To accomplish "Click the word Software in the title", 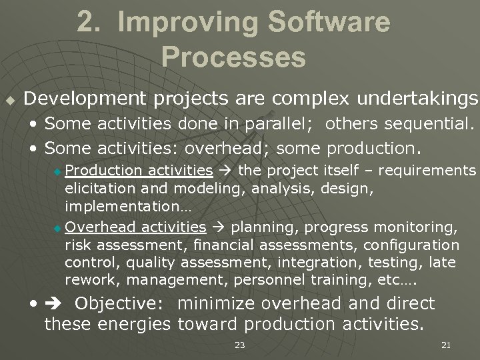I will pos(320,23).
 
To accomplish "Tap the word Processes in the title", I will pos(233,57).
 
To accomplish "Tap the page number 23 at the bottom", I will pos(239,345).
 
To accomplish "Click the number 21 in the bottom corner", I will pos(446,345).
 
